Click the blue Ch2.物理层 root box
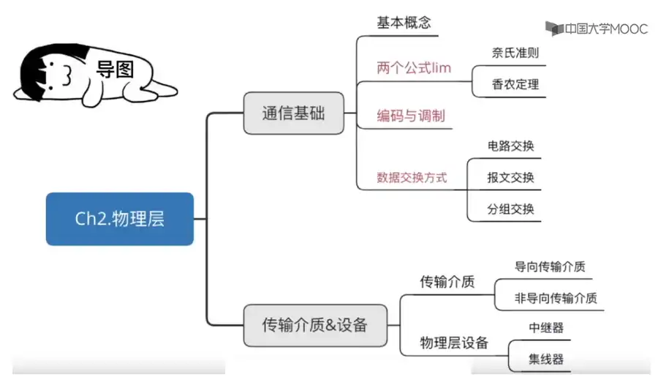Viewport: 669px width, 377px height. [x=120, y=219]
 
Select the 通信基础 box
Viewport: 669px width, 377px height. [x=292, y=113]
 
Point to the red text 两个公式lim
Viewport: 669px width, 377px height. [x=414, y=68]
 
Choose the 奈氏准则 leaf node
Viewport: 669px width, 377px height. [x=515, y=53]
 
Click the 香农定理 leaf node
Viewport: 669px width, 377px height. [x=515, y=84]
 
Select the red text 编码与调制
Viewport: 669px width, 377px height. [x=411, y=116]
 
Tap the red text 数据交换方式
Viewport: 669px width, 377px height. [x=412, y=177]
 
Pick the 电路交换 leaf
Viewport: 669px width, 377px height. [x=511, y=146]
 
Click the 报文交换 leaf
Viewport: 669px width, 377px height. [x=511, y=177]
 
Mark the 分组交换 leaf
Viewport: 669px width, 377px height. [x=511, y=209]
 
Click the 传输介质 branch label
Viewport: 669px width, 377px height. [x=447, y=282]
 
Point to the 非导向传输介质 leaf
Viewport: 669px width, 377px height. [x=556, y=298]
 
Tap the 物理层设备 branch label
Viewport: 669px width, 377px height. [x=453, y=343]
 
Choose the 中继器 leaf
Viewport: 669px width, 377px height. [x=546, y=328]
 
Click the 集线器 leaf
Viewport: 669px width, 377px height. [x=546, y=359]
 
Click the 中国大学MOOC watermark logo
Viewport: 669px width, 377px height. [x=596, y=29]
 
